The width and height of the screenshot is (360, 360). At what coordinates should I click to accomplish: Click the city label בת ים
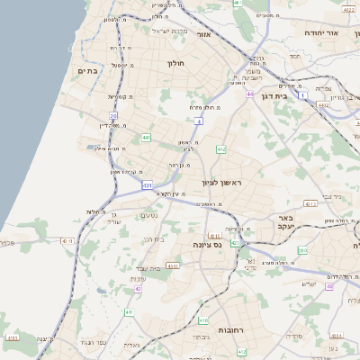[87, 70]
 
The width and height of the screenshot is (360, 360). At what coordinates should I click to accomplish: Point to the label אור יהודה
[320, 33]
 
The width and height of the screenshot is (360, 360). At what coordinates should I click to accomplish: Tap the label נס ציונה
[207, 244]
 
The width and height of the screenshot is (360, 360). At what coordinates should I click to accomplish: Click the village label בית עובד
[148, 268]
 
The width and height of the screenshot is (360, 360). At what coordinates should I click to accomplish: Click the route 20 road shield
[113, 115]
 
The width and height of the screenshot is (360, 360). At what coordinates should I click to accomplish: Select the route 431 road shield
[148, 184]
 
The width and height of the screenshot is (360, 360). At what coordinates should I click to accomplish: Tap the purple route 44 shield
[249, 93]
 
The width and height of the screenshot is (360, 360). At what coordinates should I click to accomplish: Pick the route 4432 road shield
[322, 105]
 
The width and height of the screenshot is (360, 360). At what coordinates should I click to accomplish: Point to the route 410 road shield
[204, 319]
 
